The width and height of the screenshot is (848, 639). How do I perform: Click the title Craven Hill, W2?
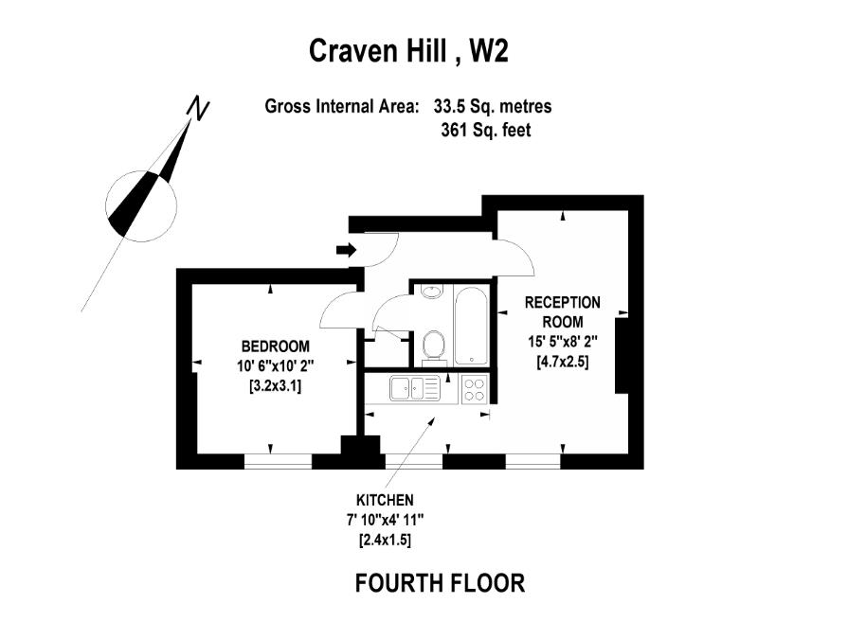coord(408,50)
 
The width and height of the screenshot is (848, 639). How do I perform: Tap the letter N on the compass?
coord(198,108)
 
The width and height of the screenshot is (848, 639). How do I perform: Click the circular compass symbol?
coord(142,202)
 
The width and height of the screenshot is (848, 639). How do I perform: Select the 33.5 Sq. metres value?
coord(493,107)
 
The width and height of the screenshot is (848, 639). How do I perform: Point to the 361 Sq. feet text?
coord(485,131)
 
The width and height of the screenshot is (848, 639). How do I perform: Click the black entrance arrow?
coord(346,250)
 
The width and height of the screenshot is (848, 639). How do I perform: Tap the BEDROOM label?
coord(275,345)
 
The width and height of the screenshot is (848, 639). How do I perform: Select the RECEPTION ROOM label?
coord(562,311)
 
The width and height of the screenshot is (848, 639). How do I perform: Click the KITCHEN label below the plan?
coord(385,500)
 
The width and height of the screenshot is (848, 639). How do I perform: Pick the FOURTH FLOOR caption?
coord(440,582)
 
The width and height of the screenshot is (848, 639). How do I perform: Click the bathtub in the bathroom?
coord(470,326)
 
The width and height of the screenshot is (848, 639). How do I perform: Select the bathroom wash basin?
coord(432,292)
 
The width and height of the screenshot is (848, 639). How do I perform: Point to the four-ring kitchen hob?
coord(474,389)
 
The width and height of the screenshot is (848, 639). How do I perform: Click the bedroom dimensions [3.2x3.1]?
coord(275,385)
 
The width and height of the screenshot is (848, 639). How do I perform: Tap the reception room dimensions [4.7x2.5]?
coord(562,361)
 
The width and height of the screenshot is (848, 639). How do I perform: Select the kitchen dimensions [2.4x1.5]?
coord(385,540)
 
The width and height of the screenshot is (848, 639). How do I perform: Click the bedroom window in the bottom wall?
coord(278,462)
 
